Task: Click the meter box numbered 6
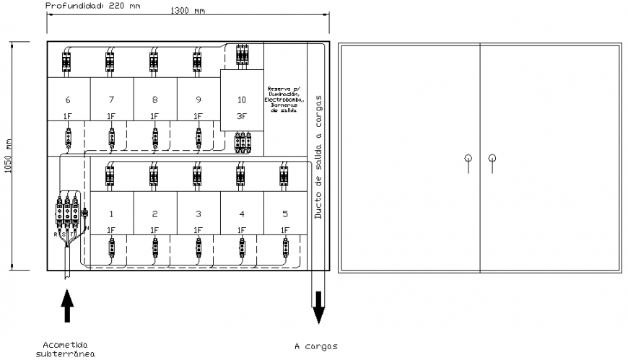click(x=69, y=99)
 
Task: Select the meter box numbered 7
click(x=112, y=99)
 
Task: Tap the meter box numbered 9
click(x=199, y=99)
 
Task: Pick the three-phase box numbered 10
click(x=241, y=100)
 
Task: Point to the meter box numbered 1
click(x=112, y=213)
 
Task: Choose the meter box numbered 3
click(x=199, y=213)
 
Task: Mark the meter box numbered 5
click(x=285, y=213)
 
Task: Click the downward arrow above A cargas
click(x=318, y=306)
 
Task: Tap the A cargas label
click(x=315, y=346)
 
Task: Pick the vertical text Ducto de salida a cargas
click(x=318, y=156)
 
